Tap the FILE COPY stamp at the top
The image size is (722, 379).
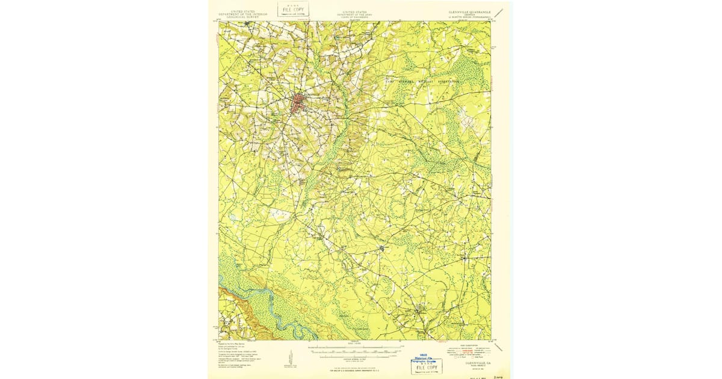[293, 9]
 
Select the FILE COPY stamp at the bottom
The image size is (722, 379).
[426, 366]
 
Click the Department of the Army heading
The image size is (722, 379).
[355, 13]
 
